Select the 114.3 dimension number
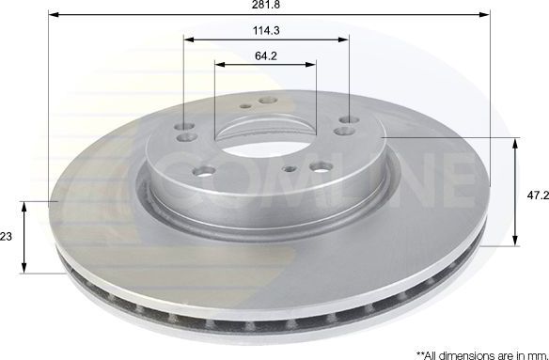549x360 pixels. pos(266,31)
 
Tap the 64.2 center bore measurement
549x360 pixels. pos(266,56)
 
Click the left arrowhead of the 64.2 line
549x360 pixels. pos(219,65)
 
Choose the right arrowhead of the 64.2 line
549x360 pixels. pos(312,65)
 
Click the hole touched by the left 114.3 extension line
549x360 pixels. pos(183,122)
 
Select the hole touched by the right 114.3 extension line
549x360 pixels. pos(350,120)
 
